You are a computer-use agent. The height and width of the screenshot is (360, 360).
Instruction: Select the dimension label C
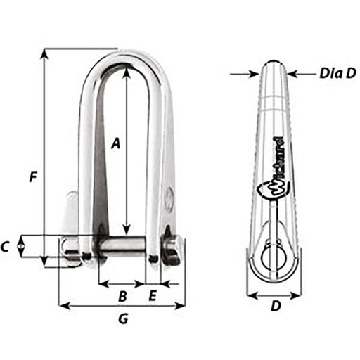6,247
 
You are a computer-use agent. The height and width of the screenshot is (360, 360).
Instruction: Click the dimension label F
32,177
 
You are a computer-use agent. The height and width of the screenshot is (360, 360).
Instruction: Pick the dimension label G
123,319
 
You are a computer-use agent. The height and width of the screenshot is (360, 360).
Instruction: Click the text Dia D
335,72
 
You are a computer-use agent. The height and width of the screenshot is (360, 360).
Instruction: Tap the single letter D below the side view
276,306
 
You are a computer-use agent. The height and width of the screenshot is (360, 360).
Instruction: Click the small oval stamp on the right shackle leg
168,199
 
